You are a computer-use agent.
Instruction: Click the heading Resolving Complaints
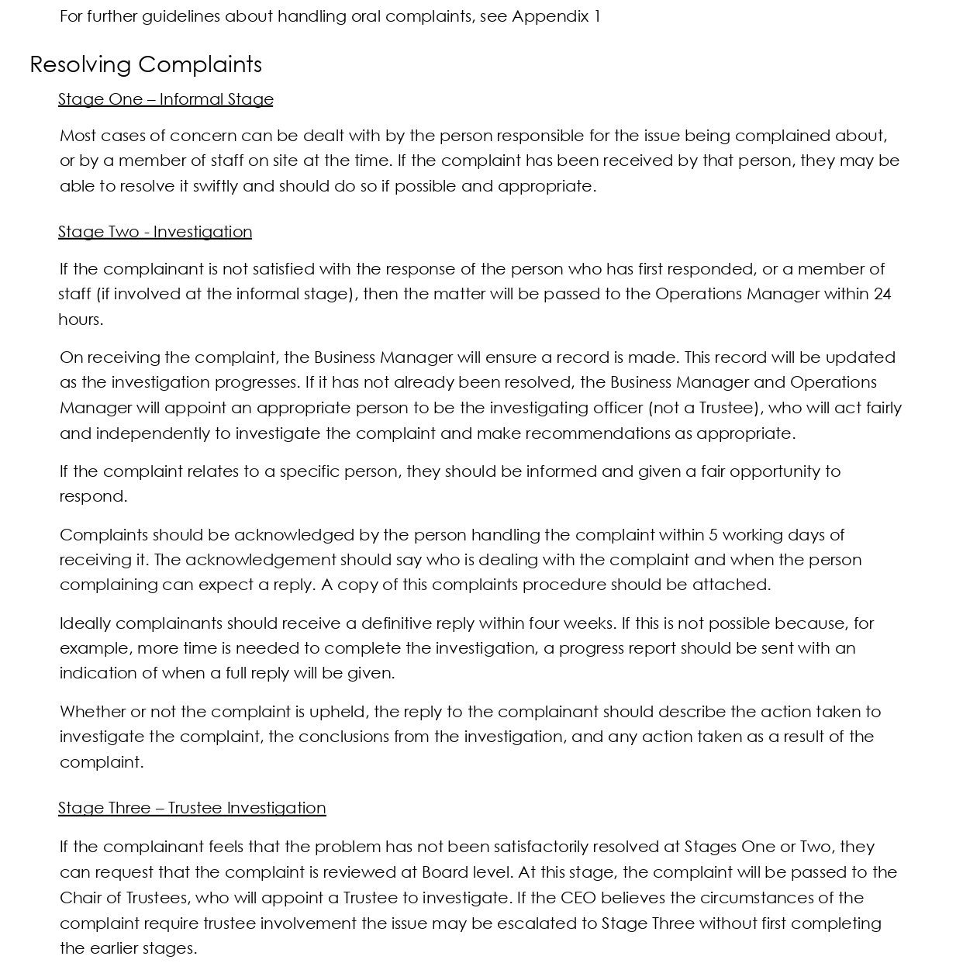coord(146,64)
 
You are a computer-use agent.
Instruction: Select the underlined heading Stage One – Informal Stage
coord(165,99)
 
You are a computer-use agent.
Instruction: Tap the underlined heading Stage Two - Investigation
coord(155,232)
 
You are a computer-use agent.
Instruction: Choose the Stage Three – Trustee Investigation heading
coord(192,808)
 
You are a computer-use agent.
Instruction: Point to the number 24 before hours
coord(882,294)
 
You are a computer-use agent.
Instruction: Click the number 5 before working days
coord(713,535)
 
